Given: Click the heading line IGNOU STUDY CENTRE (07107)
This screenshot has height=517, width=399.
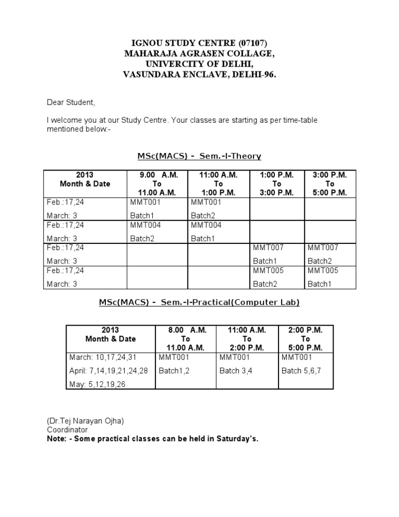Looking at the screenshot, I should coord(199,43).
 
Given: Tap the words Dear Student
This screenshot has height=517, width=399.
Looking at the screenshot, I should coord(71,102).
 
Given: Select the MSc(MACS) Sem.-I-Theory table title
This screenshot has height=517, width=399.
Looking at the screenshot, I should coord(199,156).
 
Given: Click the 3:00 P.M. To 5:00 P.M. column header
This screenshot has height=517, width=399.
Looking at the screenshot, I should coord(330,184).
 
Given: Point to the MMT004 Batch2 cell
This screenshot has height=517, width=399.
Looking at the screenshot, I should coord(157,232).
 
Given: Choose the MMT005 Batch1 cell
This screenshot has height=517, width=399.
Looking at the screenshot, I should coord(330,277).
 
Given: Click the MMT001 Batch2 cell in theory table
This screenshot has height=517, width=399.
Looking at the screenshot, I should coord(218,209).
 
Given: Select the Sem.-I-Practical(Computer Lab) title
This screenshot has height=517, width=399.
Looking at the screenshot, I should coord(199,302).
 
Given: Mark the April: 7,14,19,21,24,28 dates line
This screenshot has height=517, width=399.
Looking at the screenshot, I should coord(109,371).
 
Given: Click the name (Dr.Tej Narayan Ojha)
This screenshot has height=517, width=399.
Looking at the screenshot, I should coord(86,421).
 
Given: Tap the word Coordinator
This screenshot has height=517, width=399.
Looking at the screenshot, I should coord(68,430).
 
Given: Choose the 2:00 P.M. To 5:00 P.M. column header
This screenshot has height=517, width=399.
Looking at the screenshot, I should coord(305,339).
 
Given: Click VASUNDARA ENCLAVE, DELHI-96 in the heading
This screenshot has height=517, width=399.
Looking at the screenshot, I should coord(199,74).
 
